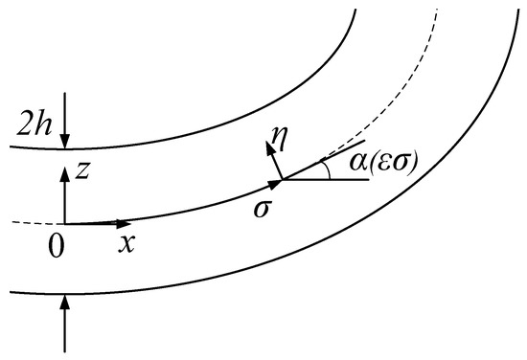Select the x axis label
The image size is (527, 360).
[x=125, y=242]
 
